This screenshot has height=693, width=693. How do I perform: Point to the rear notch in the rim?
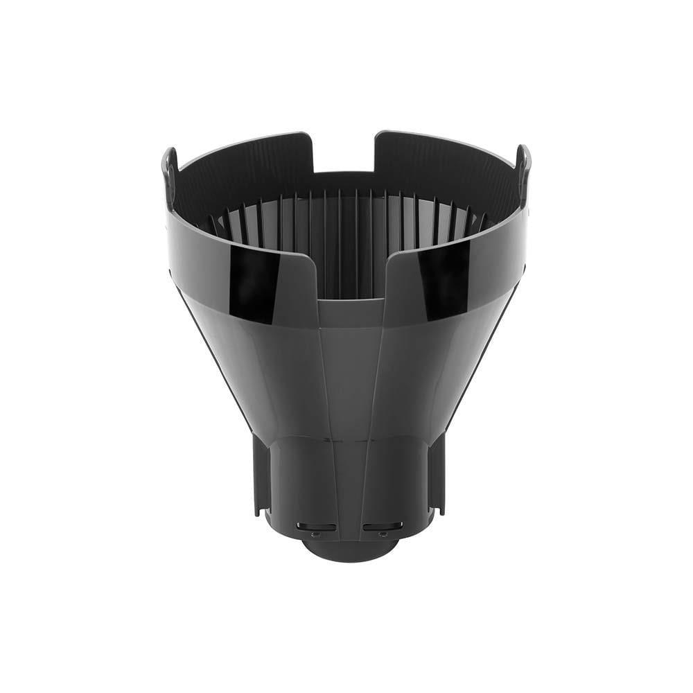(344, 152)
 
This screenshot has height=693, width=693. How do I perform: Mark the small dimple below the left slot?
(315, 535)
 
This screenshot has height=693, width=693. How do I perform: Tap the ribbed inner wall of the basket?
(346, 222)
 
